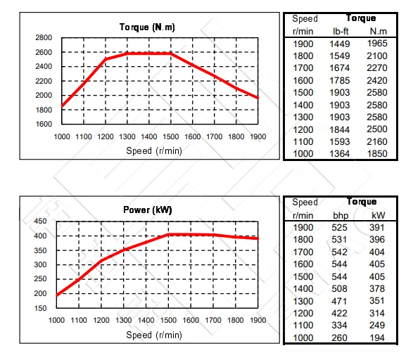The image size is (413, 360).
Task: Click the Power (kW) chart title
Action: pyautogui.click(x=148, y=210)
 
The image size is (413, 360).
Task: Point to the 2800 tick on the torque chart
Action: pyautogui.click(x=44, y=38)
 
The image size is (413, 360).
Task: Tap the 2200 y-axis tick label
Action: pyautogui.click(x=44, y=81)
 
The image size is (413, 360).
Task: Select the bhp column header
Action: pyautogui.click(x=341, y=214)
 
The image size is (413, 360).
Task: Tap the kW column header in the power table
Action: pyautogui.click(x=379, y=214)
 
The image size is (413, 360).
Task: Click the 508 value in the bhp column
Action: pyautogui.click(x=341, y=289)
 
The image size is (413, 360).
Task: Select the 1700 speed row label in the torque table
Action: pyautogui.click(x=303, y=69)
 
